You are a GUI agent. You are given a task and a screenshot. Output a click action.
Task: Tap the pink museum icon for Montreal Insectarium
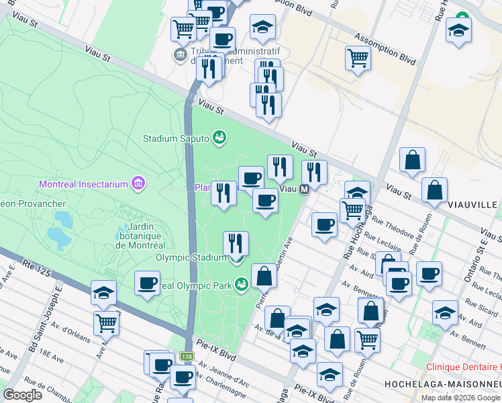tap(138, 183)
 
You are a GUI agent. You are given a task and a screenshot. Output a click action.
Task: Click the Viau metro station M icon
tap(304, 189)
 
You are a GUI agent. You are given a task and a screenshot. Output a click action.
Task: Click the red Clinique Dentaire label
tap(464, 367)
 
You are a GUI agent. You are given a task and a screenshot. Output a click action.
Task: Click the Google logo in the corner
tap(23, 394)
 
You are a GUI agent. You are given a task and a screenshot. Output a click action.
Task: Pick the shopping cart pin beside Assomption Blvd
tap(358, 58)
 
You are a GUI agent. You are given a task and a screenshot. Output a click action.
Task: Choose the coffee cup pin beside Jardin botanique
tap(147, 283)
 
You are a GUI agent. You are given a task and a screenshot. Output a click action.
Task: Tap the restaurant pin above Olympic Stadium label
tap(235, 242)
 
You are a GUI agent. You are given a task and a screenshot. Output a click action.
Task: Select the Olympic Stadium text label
tap(191, 257)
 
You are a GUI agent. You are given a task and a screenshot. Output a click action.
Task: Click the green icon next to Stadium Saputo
tap(218, 138)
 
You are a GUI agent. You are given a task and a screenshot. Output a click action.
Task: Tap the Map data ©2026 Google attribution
tap(461, 398)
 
